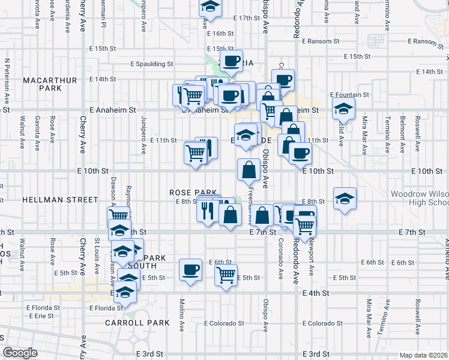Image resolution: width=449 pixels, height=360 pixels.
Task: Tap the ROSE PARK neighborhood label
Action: click(x=191, y=192)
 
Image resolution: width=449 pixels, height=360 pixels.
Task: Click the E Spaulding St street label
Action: click(x=152, y=64)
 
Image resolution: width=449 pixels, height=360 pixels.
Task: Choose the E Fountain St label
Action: click(x=350, y=95)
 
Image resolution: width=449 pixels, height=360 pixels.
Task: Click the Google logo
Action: click(x=20, y=353)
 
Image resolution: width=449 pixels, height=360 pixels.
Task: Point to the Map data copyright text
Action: click(x=424, y=355)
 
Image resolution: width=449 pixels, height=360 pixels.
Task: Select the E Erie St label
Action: click(x=45, y=316)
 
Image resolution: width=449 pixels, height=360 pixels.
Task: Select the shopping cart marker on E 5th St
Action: click(x=226, y=275)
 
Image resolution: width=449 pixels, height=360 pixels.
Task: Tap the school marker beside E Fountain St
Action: click(x=344, y=109)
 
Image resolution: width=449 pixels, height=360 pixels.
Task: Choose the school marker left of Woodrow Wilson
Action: click(x=344, y=200)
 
